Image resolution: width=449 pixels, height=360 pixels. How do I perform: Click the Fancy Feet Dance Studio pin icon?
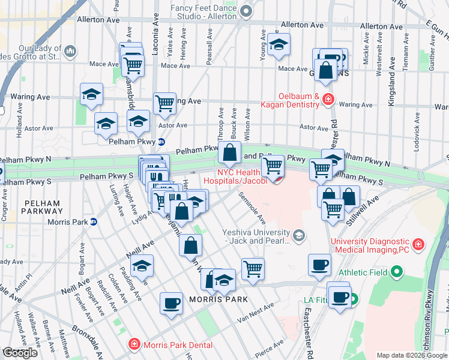[246, 11]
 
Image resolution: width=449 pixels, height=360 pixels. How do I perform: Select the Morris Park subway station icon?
[94, 222]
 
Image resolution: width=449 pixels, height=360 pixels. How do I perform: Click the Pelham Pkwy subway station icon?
[161, 142]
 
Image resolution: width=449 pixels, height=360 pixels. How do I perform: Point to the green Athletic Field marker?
[396, 273]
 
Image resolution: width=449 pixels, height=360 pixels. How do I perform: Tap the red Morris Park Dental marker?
[133, 344]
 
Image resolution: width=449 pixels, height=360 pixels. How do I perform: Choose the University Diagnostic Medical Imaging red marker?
[418, 245]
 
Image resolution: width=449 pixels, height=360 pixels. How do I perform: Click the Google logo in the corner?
[20, 353]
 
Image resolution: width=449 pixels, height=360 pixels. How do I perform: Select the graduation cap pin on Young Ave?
[278, 44]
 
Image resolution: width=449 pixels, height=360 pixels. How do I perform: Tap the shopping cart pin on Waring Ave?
[164, 103]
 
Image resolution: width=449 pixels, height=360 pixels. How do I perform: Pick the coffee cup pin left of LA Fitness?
[319, 264]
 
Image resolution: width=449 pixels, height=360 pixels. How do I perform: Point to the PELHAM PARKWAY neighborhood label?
[41, 207]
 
